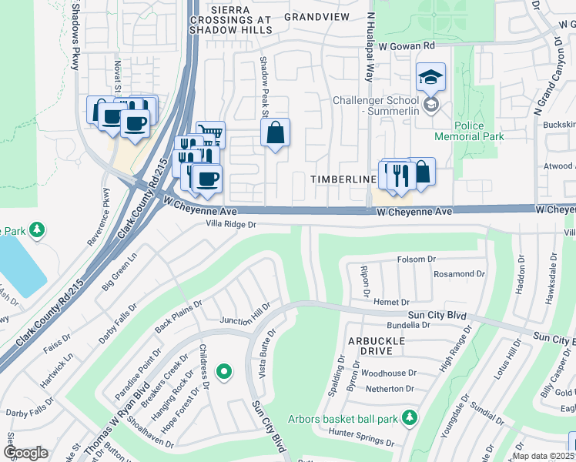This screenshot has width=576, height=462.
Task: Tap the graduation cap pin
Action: (x=430, y=77)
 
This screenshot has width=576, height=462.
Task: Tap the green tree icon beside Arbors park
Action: (x=410, y=417)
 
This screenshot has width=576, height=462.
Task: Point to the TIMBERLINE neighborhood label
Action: (x=343, y=179)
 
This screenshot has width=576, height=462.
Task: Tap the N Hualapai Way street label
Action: (x=370, y=46)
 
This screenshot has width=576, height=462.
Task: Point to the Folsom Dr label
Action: (x=416, y=259)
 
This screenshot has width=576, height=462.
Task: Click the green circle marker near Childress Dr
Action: (x=224, y=373)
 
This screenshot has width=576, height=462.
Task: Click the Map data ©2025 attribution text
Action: (x=542, y=456)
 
